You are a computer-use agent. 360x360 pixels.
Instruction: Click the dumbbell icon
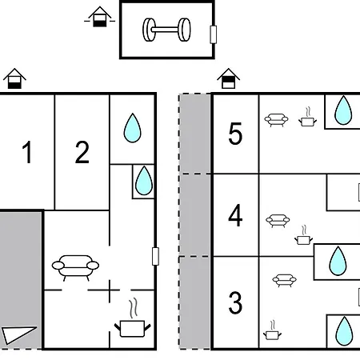tap(166, 30)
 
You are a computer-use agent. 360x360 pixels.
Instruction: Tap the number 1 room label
tap(27, 152)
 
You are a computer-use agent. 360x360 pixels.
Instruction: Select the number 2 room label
tap(82, 152)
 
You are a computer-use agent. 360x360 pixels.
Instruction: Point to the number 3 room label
tap(235, 302)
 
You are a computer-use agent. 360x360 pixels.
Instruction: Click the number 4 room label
tap(235, 215)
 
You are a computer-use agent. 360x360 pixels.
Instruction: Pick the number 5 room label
tap(235, 134)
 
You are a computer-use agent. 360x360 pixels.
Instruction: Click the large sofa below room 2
tap(75, 267)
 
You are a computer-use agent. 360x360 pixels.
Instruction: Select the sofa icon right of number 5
tap(276, 120)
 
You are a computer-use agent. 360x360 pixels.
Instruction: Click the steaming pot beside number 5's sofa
tap(307, 117)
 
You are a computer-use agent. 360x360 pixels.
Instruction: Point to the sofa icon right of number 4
tap(278, 221)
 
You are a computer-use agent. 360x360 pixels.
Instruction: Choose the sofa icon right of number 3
tap(284, 280)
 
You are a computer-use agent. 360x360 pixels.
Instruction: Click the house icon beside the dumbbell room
tap(100, 17)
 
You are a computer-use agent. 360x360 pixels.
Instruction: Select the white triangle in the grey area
tap(18, 334)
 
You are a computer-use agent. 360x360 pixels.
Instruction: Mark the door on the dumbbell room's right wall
tap(213, 34)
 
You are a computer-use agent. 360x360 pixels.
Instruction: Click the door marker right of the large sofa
tap(155, 256)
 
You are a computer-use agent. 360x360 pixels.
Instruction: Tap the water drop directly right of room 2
tap(133, 128)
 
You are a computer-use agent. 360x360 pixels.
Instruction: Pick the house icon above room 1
tap(14, 78)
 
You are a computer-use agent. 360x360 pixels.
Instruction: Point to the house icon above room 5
tap(228, 78)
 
